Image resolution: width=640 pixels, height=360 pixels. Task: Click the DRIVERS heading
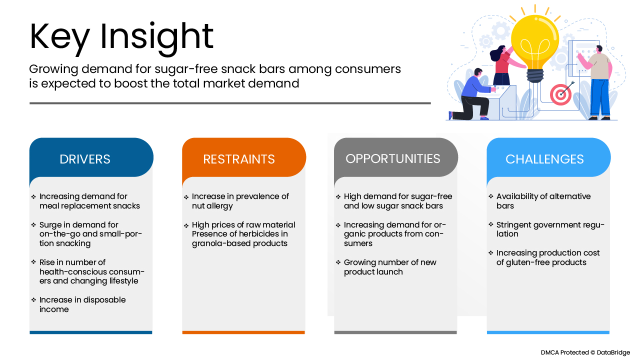pos(85,159)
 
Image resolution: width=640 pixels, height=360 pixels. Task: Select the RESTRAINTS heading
pos(239,159)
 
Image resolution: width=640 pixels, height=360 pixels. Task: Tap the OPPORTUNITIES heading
pos(393,159)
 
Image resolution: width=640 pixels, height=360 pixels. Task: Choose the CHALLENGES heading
pos(544,159)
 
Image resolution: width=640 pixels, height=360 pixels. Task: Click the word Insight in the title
pos(156,37)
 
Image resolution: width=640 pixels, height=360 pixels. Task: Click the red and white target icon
pos(560,94)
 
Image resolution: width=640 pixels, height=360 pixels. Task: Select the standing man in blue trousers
pos(597,83)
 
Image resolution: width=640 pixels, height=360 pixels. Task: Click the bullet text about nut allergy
pos(240,201)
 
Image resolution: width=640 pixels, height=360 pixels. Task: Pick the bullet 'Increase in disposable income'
pos(82,304)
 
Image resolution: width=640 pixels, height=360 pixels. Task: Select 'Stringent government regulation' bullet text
pos(550,229)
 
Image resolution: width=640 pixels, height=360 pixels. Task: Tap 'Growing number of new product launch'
pos(390,267)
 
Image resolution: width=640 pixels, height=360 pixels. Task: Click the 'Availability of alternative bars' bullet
pos(543,201)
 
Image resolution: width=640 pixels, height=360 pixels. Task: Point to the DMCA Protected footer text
pos(585,352)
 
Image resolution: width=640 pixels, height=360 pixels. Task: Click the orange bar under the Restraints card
pos(243,332)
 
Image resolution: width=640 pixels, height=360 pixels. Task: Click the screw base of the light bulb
pos(535,75)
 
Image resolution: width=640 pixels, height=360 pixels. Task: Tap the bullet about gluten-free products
pos(547,257)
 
